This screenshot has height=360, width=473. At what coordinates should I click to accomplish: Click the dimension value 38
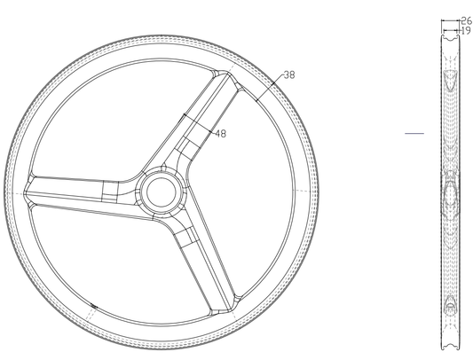coord(289,74)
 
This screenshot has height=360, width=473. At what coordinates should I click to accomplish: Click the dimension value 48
coord(220,133)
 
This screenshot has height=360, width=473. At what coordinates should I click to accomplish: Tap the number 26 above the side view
coord(467,20)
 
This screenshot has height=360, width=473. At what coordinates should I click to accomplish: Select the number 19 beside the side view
coord(466,30)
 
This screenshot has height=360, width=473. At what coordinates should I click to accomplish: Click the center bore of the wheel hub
coord(162,192)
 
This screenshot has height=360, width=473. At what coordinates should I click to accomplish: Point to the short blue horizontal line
coord(414,133)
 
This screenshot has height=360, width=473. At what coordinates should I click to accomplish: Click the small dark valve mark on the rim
coord(94,306)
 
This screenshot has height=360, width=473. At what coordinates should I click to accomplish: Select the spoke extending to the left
coord(82,193)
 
